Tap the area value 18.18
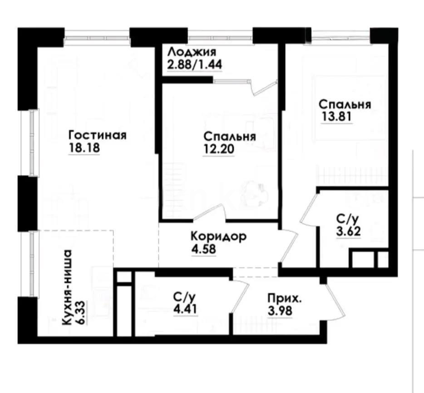click(x=84, y=148)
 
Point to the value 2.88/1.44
click(x=194, y=64)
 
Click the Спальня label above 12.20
click(x=230, y=137)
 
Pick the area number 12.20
click(x=218, y=149)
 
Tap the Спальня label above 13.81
click(x=345, y=104)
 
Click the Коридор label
click(x=218, y=236)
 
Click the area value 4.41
click(x=185, y=310)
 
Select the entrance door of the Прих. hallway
click(x=335, y=303)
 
